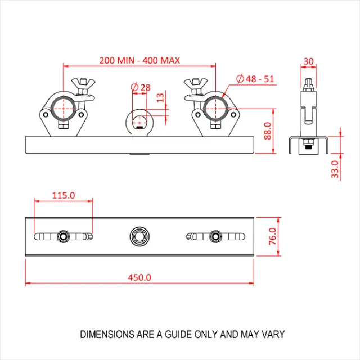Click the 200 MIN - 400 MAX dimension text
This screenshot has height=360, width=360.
coord(139,60)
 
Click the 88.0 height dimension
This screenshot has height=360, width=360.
coord(268,130)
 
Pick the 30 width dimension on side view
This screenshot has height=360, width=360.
coord(308,61)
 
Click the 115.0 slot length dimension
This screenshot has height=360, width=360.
coord(64,195)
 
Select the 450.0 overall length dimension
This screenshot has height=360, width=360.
coord(140,277)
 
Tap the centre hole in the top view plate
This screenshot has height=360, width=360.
coord(137,235)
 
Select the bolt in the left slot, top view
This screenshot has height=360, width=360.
coord(63,235)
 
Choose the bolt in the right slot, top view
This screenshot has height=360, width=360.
coord(214,235)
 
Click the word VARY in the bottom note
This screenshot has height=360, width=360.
coord(273,334)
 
